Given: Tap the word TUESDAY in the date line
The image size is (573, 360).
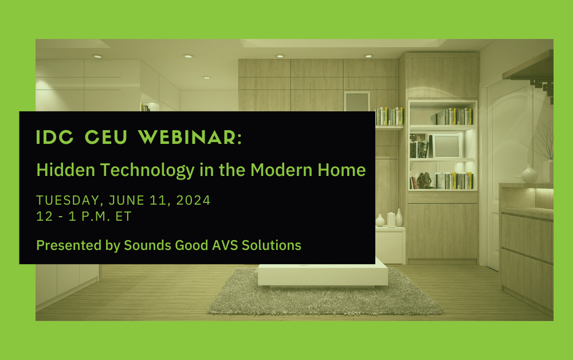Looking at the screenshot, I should click(x=63, y=201).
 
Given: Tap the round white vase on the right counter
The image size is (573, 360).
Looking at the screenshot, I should click(x=529, y=174).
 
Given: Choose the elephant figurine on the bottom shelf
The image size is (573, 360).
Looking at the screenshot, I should click(x=425, y=181).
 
